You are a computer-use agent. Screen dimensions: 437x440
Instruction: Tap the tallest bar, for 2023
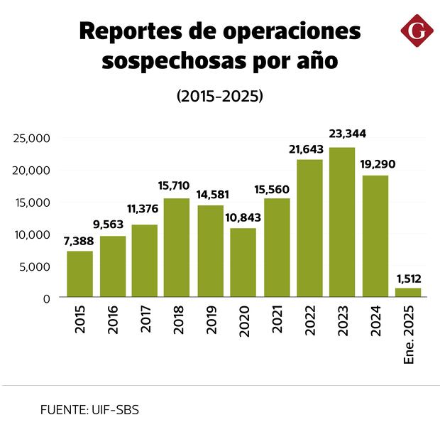pos(342,222)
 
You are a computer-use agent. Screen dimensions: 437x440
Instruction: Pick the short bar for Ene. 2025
pos(408,292)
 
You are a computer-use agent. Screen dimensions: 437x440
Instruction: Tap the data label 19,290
pos(375,163)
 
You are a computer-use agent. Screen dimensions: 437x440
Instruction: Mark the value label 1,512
pos(408,278)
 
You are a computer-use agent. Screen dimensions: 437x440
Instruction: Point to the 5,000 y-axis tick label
pos(35,266)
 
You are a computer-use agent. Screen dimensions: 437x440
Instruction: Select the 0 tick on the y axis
pos(45,298)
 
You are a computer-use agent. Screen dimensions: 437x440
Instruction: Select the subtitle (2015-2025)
pos(220,96)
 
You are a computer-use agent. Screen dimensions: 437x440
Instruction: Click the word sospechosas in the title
pos(170,61)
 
